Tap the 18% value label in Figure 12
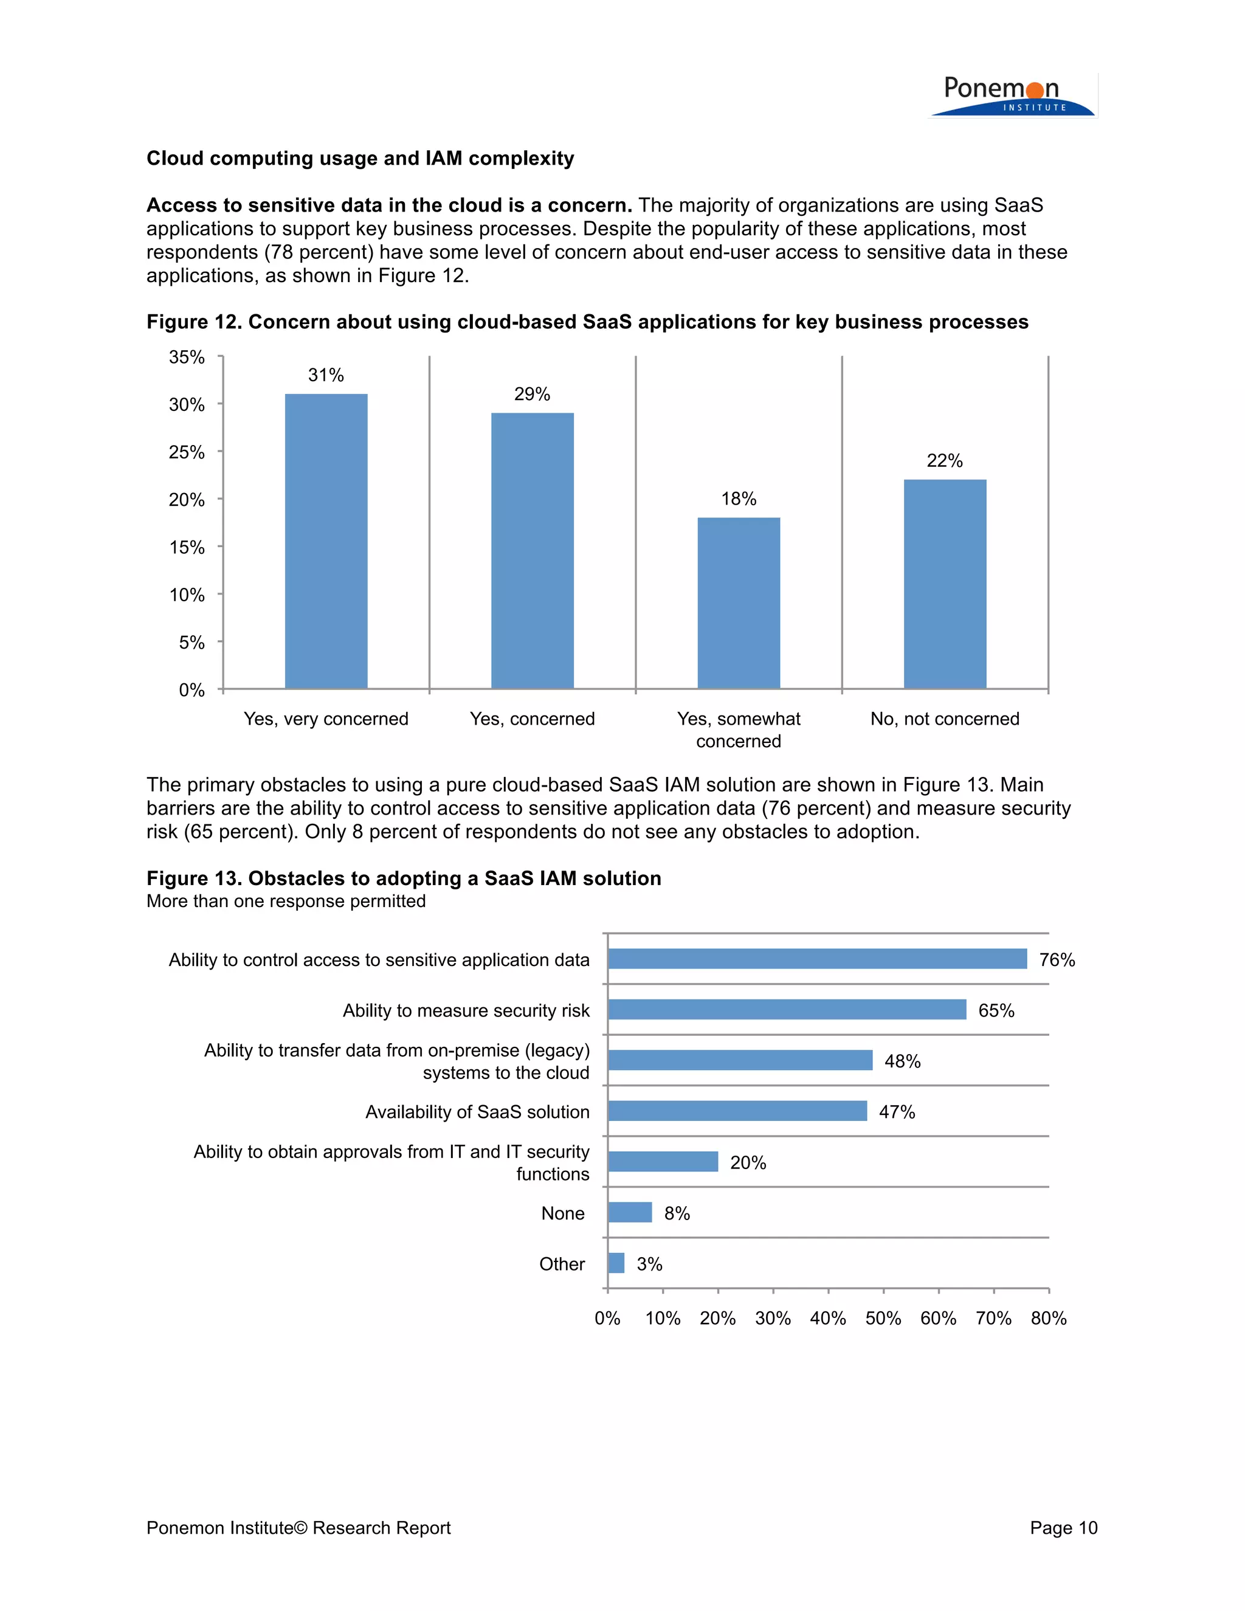point(738,498)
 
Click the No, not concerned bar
point(944,584)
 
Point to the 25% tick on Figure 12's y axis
point(187,452)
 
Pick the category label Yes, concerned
point(532,719)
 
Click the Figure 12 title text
point(587,322)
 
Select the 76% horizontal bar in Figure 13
point(816,959)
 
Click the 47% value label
point(896,1112)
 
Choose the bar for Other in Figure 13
point(616,1264)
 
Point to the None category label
point(562,1213)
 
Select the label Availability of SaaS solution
point(477,1112)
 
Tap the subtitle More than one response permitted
point(286,902)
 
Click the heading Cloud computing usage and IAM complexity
point(360,159)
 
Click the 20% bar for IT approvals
point(663,1162)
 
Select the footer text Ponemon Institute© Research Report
point(298,1528)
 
